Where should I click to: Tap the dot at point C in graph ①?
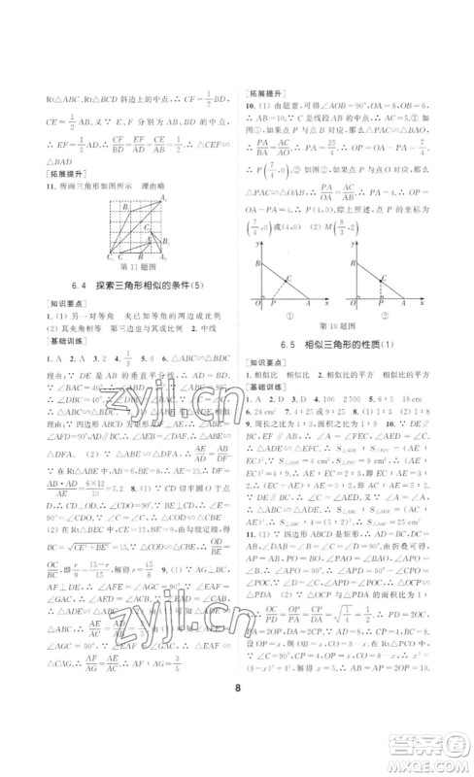(289, 279)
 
